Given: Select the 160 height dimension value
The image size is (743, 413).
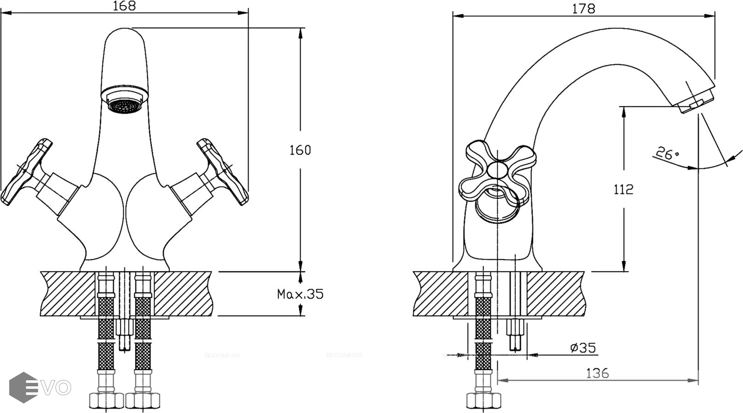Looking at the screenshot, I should pos(300,150).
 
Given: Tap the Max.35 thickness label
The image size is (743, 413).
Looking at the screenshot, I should pos(300,294).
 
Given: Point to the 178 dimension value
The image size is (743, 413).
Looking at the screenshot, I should pos(584,8).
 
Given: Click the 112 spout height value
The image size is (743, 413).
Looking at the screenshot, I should pos(623,189).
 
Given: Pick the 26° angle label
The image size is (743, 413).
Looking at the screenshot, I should pos(667,153).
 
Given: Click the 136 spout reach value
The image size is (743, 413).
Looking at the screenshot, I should pos(598,373).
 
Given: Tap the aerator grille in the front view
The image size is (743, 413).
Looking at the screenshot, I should pos(123,106).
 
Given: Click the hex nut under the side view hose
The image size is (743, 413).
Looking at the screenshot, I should pos(484,401).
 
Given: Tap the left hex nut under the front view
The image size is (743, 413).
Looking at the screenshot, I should pos(106,401).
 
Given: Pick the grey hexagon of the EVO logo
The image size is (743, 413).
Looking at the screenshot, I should pos(23,387).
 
